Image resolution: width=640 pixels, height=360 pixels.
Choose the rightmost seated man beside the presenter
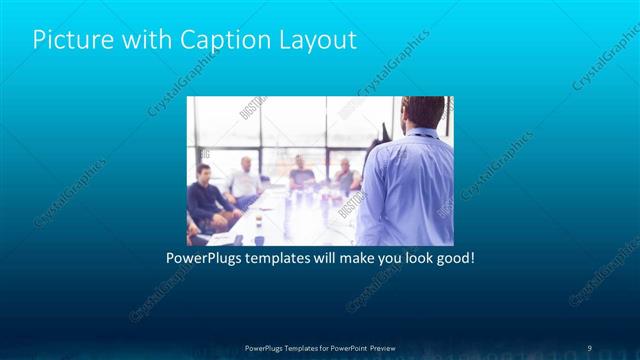(345, 177)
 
